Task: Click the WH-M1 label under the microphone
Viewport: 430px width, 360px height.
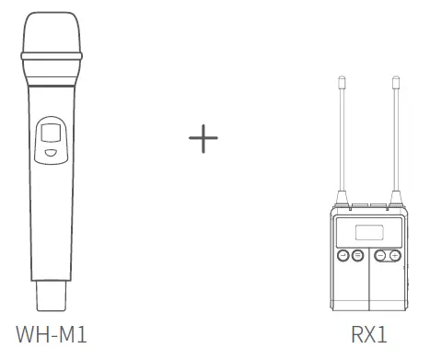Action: [x=52, y=334]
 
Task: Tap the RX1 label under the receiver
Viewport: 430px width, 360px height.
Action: [x=369, y=334]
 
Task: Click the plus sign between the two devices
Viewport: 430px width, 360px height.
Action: [x=203, y=138]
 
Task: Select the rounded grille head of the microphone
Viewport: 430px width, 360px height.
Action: [x=52, y=32]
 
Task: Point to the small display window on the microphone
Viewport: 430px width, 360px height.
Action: [x=51, y=133]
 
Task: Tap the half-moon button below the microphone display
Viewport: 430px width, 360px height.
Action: [x=51, y=153]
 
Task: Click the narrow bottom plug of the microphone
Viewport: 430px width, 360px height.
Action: [x=52, y=296]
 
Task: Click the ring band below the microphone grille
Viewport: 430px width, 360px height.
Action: [x=52, y=56]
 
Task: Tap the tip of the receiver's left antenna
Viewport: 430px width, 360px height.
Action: [x=342, y=76]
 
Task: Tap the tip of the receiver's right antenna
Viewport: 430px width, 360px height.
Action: [x=396, y=76]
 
